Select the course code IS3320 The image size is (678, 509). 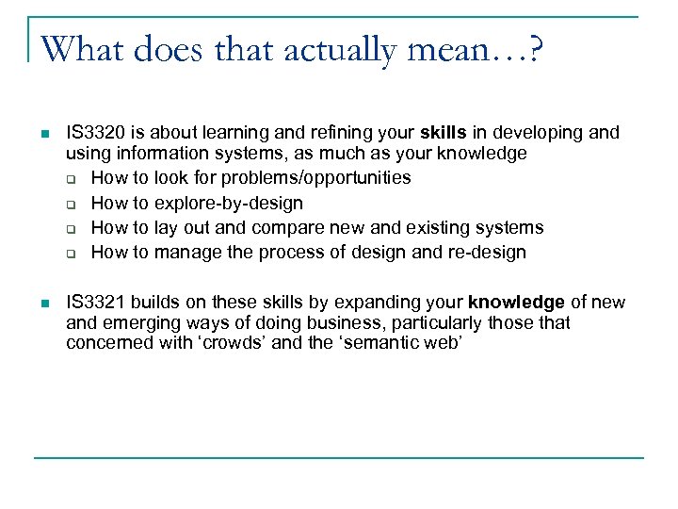pos(98,133)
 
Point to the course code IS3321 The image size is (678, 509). pos(96,303)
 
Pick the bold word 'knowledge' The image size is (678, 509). pos(516,303)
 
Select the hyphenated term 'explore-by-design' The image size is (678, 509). pos(229,203)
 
